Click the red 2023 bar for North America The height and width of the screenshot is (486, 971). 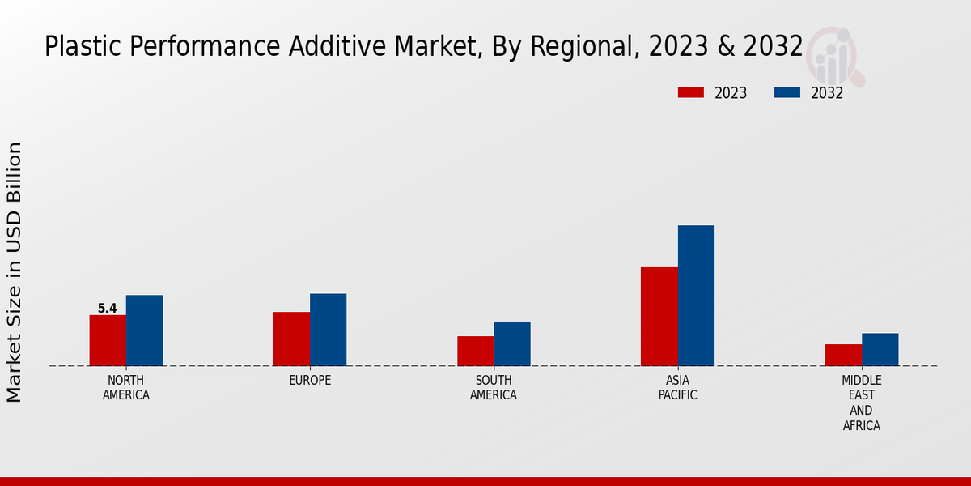click(108, 340)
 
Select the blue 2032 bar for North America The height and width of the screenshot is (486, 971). click(144, 330)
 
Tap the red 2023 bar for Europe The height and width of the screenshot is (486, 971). click(291, 339)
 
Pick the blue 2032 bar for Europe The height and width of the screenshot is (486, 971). click(328, 330)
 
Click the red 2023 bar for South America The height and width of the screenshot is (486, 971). click(475, 351)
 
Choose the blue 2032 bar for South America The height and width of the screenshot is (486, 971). click(512, 343)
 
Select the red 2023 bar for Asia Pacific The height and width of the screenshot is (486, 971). click(659, 317)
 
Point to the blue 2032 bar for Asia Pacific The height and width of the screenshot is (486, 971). click(696, 296)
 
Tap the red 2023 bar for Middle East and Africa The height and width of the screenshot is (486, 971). click(843, 355)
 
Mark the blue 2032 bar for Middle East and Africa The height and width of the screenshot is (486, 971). click(880, 349)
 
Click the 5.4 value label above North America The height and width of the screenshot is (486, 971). click(107, 309)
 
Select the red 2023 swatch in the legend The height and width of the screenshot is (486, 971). click(690, 93)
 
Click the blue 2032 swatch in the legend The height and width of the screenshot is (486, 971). click(787, 93)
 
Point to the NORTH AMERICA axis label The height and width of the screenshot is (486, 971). click(126, 388)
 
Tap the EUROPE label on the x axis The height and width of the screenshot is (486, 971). click(310, 381)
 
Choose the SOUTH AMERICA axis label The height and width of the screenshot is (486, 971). click(494, 388)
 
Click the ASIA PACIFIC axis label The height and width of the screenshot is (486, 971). click(677, 388)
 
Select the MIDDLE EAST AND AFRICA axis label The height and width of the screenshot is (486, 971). click(861, 403)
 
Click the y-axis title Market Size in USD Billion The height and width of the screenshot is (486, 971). click(15, 271)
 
